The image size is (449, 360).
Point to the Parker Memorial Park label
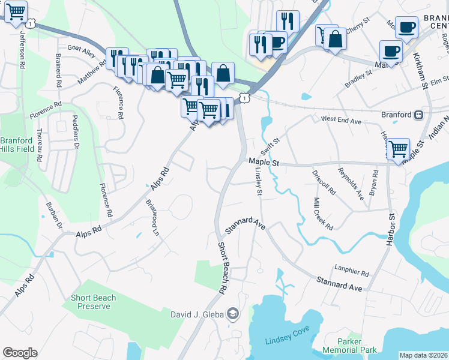pos(349,345)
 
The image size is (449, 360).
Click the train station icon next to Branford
pos(419,114)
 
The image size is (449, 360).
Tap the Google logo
pos(20,353)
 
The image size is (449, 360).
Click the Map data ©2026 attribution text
pos(423,355)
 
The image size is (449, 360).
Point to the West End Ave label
pos(341,121)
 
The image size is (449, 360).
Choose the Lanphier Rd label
pos(351,272)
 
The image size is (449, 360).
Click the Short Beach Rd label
pos(221,268)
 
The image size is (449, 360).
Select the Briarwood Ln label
pos(153,217)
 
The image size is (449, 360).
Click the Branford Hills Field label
pos(16,144)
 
